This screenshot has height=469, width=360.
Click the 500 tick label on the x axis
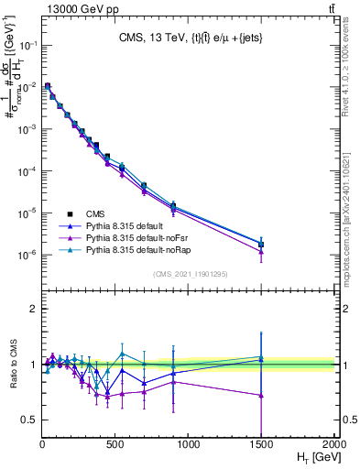click(x=115, y=444)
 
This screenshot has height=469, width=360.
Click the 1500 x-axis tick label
click(x=261, y=444)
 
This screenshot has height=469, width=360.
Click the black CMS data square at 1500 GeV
click(x=261, y=245)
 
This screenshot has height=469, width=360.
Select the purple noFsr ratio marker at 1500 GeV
click(x=261, y=396)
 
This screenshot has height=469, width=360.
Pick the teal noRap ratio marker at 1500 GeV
click(x=261, y=357)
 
